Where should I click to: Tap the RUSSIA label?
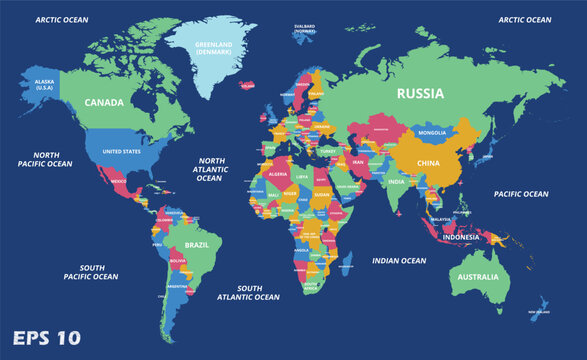coord(420,94)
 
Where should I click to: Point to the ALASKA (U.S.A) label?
coord(43,84)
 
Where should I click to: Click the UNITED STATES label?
coord(122,151)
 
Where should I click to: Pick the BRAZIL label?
coord(197,244)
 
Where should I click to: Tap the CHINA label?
coord(427,162)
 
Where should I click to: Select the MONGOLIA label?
coord(432,133)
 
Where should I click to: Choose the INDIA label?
coord(396,182)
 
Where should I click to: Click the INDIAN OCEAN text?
coord(400,261)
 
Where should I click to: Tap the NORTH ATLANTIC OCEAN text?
coord(209,168)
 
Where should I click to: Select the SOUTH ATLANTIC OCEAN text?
coord(250,292)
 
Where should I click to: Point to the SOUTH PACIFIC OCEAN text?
coord(91,272)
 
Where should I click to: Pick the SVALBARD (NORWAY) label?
coord(305,28)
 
